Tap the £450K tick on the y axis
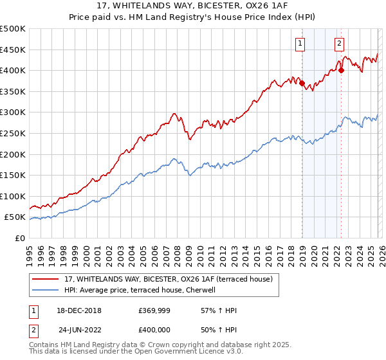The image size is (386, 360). click(13, 50)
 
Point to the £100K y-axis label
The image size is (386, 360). click(13, 196)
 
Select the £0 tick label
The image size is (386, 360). click(21, 238)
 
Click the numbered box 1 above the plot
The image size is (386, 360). click(300, 44)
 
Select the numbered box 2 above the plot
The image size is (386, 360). click(340, 44)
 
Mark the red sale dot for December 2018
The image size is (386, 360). click(302, 83)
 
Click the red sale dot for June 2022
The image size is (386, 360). click(342, 71)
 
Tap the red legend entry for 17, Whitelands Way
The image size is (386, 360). click(169, 279)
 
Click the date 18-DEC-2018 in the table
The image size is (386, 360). click(80, 310)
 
